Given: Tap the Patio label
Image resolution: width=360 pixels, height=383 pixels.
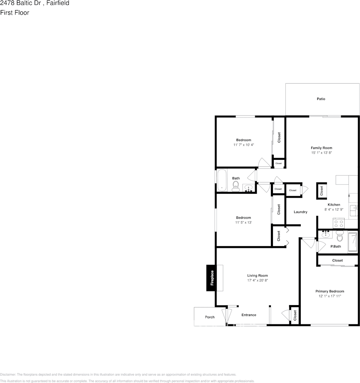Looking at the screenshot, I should click(x=321, y=99).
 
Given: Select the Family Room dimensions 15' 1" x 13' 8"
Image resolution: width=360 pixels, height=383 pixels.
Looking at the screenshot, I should click(x=321, y=153).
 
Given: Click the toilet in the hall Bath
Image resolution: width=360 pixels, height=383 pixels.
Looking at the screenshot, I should click(x=236, y=186).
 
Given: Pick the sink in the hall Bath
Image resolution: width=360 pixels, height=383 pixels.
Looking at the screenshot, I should click(x=248, y=188).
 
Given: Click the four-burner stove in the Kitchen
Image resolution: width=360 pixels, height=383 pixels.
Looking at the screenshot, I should click(x=339, y=223).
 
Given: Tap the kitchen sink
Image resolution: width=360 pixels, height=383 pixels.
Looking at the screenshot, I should click(x=354, y=209).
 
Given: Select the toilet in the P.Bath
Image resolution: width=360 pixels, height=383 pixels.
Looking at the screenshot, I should click(x=339, y=236).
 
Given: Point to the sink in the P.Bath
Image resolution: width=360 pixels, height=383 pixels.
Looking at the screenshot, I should click(x=326, y=234).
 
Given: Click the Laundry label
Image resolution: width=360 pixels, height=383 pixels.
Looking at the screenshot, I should click(x=301, y=212).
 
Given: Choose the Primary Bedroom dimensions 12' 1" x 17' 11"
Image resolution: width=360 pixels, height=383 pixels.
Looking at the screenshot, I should click(x=330, y=296).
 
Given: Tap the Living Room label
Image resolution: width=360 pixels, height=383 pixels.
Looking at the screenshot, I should click(x=258, y=275).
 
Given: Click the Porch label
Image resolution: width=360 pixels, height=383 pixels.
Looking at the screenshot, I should click(x=210, y=317).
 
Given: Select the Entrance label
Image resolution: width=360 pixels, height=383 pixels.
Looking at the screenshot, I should click(x=249, y=315).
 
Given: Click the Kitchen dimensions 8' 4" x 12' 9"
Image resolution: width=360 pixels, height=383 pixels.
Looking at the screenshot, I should click(x=334, y=209).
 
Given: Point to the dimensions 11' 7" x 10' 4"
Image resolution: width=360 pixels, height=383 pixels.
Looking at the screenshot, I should click(x=243, y=144).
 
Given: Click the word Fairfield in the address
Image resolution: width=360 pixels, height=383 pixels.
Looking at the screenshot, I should click(x=58, y=3).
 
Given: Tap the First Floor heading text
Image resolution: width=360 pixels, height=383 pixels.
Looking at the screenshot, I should click(x=15, y=13).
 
